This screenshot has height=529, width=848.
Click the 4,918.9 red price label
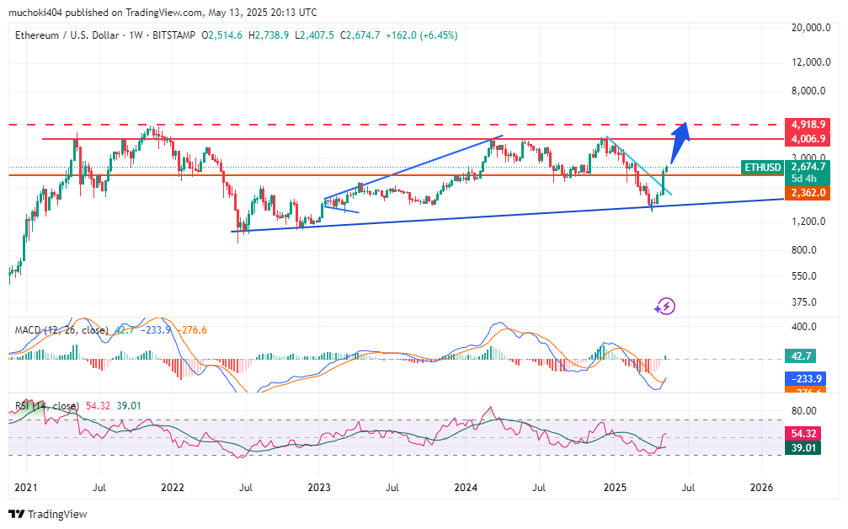[807, 124]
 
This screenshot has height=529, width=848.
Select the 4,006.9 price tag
[807, 139]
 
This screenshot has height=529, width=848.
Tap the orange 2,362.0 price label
[807, 193]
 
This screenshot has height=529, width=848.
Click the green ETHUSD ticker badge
[762, 168]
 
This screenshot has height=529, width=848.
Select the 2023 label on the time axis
[319, 487]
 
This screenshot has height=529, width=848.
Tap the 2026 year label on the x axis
[761, 487]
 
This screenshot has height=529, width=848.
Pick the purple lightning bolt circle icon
[666, 306]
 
